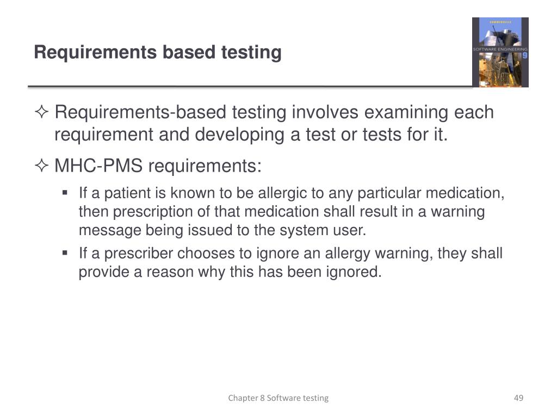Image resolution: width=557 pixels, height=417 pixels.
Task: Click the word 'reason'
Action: click(178, 271)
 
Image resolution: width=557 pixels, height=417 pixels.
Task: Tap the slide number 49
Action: click(518, 398)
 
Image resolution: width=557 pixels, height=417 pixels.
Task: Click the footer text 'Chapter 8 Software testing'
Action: click(278, 398)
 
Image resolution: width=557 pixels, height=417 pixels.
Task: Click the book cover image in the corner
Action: click(500, 52)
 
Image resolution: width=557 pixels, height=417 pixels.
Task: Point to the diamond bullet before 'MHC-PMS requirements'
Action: click(42, 166)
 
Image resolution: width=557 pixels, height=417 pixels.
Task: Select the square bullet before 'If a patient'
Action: click(65, 193)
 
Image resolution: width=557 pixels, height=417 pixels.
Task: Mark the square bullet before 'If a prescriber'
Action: click(65, 253)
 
